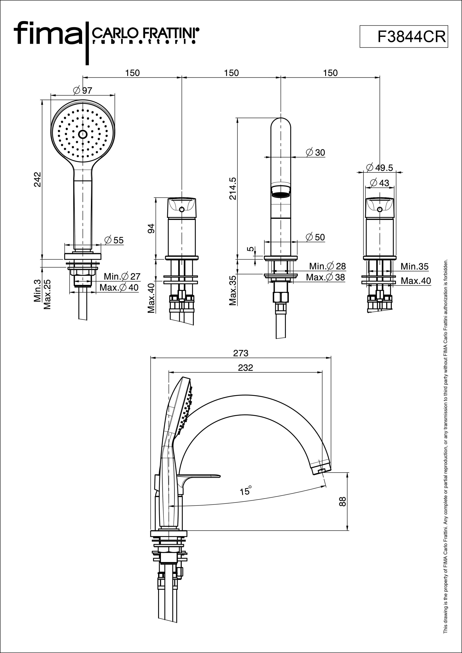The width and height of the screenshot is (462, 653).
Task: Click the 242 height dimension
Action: pos(38,179)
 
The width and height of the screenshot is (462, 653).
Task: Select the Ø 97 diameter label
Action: pos(82,90)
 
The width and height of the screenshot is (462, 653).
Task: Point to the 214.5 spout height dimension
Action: pos(233,188)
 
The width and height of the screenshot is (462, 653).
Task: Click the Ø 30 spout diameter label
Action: pos(315,152)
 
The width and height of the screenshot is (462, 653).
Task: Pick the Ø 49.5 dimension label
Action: pos(380,168)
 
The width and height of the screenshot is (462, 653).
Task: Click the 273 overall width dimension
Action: pos(241,353)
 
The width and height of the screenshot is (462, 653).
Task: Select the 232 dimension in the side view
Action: pos(245,368)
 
